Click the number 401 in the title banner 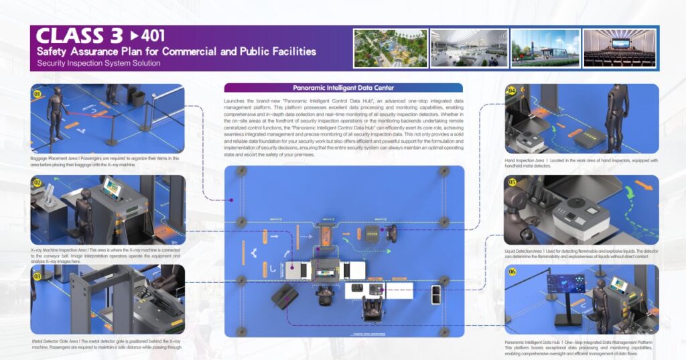(150, 35)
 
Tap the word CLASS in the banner (70, 36)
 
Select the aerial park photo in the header (390, 48)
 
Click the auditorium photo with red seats (620, 48)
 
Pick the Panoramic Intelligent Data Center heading (343, 88)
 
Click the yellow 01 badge (38, 94)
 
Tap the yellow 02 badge (38, 182)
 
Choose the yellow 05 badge (512, 182)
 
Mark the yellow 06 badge (512, 272)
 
